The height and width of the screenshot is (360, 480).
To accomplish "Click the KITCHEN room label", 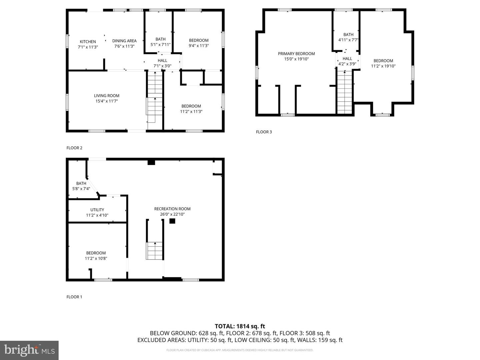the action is (x=88, y=42).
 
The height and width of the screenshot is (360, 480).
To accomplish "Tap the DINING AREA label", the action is (x=124, y=41).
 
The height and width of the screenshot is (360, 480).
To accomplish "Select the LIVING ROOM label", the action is (x=107, y=96).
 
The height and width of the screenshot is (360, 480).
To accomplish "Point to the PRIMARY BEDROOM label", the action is (x=296, y=54).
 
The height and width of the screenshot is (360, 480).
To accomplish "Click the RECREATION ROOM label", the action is (x=172, y=209).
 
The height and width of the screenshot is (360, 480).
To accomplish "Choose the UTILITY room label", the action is (x=97, y=210).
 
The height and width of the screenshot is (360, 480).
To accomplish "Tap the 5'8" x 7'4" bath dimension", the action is (x=81, y=189).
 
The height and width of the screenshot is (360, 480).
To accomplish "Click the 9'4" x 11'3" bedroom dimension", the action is (x=199, y=46).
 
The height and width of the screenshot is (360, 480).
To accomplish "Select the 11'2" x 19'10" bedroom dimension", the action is (x=383, y=66).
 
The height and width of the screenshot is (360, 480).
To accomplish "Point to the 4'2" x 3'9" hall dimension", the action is (x=347, y=64).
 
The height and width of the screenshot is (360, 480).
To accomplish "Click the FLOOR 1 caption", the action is (x=74, y=297).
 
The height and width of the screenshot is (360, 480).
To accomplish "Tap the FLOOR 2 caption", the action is (x=74, y=148).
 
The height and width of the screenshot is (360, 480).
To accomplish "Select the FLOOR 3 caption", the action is (x=264, y=132).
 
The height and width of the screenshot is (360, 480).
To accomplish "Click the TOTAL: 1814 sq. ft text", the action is (x=240, y=326).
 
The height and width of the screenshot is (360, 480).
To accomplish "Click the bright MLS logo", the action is (x=29, y=350).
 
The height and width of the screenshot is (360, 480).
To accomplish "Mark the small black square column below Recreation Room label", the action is (x=172, y=221).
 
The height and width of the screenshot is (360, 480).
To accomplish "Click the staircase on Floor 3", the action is (x=345, y=92).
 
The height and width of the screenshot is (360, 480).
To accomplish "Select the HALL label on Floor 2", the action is (x=162, y=61).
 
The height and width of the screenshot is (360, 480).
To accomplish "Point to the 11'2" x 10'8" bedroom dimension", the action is (x=96, y=258).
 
